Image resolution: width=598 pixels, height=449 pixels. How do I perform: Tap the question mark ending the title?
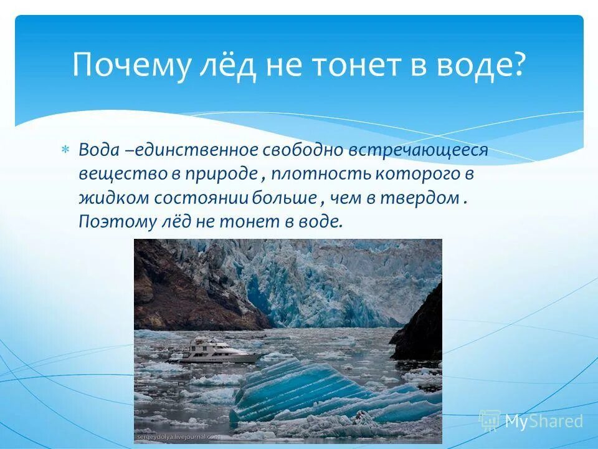[518, 65]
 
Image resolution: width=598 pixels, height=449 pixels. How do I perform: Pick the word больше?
[285, 198]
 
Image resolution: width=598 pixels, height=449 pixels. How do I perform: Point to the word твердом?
[425, 198]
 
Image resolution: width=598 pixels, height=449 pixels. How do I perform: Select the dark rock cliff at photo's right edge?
[420, 324]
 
